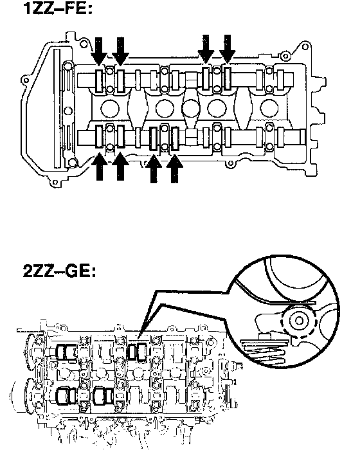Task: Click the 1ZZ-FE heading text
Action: (x=58, y=8)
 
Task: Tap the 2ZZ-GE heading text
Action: (x=59, y=271)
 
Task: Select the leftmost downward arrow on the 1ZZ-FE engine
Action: (x=99, y=51)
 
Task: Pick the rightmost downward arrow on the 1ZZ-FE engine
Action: (x=228, y=49)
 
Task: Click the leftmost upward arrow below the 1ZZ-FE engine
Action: (x=100, y=166)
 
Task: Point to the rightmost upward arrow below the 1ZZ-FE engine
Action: (x=175, y=168)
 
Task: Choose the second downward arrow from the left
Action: (x=121, y=51)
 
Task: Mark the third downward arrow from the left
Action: (x=206, y=49)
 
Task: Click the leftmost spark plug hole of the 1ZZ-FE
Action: (x=110, y=109)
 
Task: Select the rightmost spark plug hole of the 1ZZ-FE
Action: (x=269, y=108)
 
